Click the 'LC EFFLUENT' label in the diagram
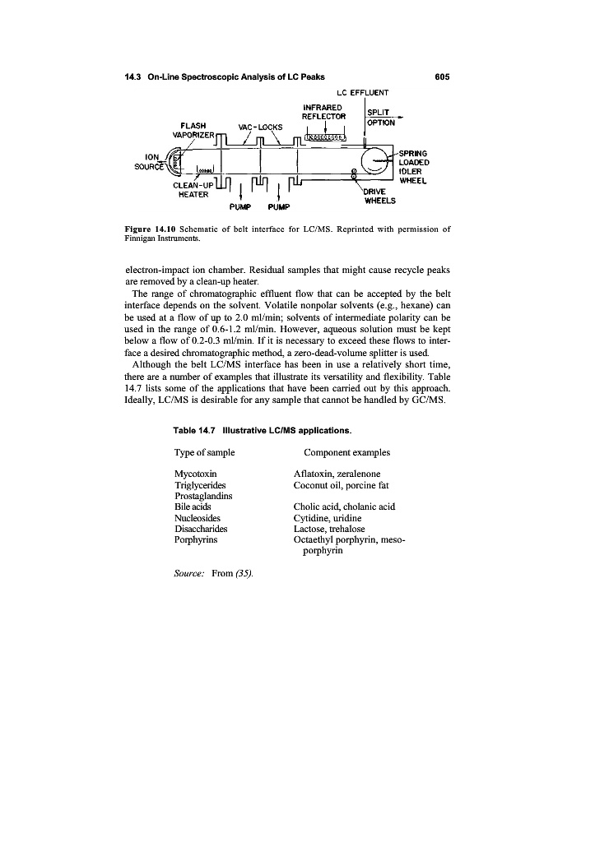pos(364,92)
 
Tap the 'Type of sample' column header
pos(205,453)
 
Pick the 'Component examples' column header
pos(346,453)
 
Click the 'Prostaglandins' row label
pos(204,496)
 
